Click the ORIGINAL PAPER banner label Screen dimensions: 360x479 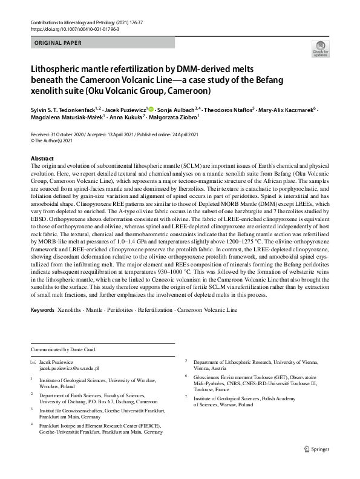coord(57,43)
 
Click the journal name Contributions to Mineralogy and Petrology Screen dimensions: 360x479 coord(82,22)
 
